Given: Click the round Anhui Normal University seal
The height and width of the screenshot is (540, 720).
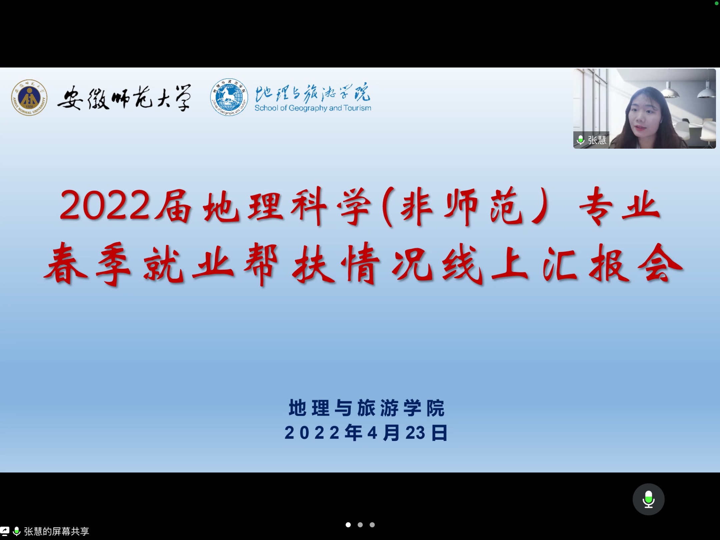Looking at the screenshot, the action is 29,98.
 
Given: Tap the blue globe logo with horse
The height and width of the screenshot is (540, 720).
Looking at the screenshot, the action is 229,97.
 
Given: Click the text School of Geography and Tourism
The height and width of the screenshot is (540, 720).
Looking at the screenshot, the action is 313,108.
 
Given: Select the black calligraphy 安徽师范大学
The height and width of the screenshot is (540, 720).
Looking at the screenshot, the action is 124,97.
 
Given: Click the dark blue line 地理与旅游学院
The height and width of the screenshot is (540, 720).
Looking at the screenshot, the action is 366,408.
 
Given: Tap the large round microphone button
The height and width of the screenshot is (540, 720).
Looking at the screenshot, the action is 648,499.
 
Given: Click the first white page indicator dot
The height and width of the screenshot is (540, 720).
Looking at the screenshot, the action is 348,525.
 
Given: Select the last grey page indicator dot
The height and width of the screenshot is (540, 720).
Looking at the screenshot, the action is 372,525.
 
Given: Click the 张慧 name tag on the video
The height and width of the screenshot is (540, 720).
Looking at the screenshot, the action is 591,140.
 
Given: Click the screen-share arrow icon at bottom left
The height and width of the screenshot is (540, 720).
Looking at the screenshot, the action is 4,531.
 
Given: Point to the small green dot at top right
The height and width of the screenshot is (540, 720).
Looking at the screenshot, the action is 716,3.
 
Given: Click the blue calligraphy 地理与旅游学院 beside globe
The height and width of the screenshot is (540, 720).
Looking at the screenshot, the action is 313,92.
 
